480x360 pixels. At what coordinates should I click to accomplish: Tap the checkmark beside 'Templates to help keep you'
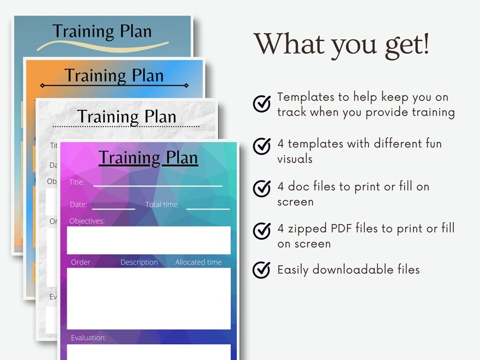(x=262, y=104)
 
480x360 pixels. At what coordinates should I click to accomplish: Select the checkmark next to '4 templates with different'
(x=262, y=146)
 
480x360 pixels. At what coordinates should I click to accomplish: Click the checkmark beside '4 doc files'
(x=262, y=188)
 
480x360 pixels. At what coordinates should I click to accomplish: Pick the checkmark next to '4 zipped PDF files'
(x=262, y=231)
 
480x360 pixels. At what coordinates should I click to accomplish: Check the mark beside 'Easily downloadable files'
(x=262, y=269)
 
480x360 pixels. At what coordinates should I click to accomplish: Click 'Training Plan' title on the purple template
(x=148, y=158)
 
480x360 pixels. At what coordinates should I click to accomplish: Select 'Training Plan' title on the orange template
(x=114, y=76)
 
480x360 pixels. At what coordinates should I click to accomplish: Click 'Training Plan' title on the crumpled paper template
(x=126, y=117)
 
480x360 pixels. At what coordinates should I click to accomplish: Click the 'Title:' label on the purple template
(x=77, y=182)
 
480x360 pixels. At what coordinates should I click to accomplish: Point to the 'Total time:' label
(x=162, y=205)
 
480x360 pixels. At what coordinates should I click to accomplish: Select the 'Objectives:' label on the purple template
(x=86, y=221)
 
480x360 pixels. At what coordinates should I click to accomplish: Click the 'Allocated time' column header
(x=198, y=262)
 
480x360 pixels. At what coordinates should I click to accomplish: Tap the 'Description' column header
(x=139, y=262)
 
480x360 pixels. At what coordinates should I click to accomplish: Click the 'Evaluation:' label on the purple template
(x=88, y=338)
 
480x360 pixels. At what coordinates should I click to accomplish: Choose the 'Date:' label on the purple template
(x=78, y=205)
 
